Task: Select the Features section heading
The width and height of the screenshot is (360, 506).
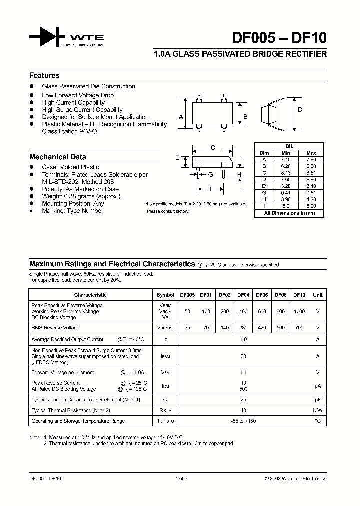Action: (x=44, y=76)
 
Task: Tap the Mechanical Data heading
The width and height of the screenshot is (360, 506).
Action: (x=57, y=157)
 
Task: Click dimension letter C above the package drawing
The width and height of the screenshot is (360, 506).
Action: (x=213, y=147)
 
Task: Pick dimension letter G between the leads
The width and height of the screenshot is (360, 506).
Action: (x=211, y=174)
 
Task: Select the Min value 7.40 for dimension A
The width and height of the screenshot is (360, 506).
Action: (x=286, y=159)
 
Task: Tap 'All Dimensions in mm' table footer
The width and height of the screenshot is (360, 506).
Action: (x=289, y=213)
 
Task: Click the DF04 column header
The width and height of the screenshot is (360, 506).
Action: (x=243, y=295)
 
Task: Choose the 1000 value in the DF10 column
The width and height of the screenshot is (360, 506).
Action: (x=298, y=311)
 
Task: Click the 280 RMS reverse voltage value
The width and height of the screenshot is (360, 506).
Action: (x=243, y=328)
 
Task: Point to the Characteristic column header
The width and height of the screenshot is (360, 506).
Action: (x=90, y=295)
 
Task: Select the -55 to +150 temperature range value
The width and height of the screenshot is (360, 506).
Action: (x=243, y=421)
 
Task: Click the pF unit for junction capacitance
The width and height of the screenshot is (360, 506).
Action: (x=317, y=399)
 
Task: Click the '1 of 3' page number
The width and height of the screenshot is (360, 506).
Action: (x=181, y=478)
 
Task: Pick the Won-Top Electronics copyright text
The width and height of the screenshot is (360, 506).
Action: (x=295, y=478)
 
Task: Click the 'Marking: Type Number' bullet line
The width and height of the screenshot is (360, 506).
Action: (x=72, y=211)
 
